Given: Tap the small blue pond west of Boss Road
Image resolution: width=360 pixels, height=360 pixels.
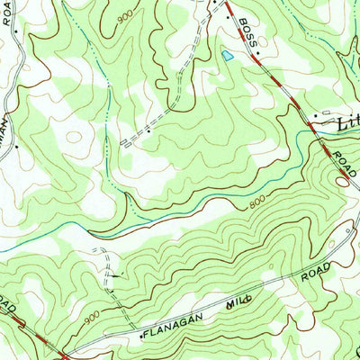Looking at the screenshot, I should coord(227,57).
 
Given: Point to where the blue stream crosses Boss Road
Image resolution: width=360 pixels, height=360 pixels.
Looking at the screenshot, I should coord(306,132).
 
